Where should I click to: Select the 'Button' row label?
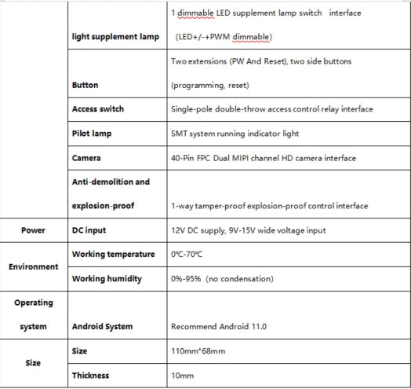click(x=85, y=85)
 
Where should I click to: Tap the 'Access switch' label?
click(x=97, y=109)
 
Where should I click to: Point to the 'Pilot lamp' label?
click(x=92, y=134)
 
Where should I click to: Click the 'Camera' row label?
click(x=86, y=158)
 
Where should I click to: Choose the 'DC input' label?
click(x=89, y=230)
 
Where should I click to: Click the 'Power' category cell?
click(x=34, y=230)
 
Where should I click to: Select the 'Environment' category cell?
click(x=34, y=266)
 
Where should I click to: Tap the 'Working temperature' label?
click(x=112, y=255)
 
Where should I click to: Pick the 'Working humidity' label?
click(x=107, y=279)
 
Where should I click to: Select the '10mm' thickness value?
click(x=182, y=376)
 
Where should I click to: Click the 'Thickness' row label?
click(x=90, y=376)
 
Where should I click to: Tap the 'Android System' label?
click(x=102, y=326)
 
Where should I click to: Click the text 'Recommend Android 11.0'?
click(x=219, y=326)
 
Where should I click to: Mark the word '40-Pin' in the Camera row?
click(x=183, y=158)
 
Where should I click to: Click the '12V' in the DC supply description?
click(x=179, y=230)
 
